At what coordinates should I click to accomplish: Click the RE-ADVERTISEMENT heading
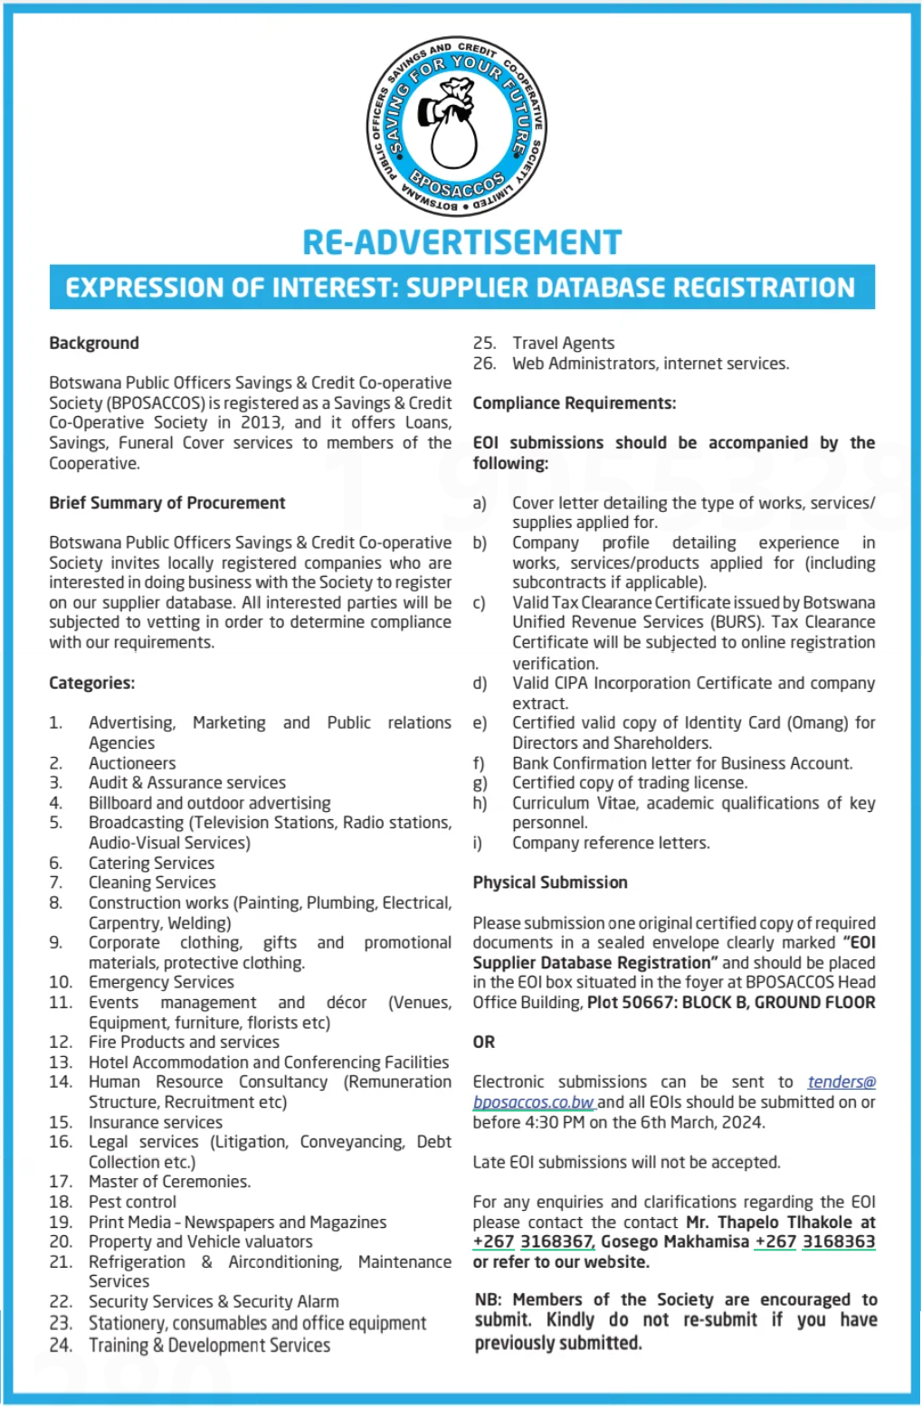461,242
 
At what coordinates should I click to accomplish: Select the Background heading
94,343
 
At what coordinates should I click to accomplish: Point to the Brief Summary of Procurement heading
167,503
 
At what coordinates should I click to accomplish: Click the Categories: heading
92,683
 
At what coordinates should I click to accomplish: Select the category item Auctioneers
132,763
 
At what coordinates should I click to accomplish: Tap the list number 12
61,1042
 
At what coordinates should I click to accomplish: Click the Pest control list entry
132,1202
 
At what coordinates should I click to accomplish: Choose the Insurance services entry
156,1122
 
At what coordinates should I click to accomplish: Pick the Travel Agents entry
563,343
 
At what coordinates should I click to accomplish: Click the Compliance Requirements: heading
575,403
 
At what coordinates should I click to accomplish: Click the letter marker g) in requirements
480,783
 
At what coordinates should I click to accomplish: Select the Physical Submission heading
550,883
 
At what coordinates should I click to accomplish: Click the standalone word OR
484,1042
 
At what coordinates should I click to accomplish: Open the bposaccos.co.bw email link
534,1102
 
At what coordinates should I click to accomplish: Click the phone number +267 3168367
533,1242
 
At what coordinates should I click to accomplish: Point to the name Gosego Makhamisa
675,1242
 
